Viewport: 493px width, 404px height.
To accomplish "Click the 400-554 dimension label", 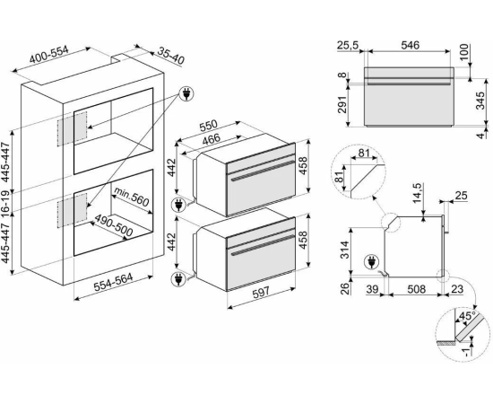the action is click(48, 55).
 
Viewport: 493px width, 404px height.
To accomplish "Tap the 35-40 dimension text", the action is click(170, 56).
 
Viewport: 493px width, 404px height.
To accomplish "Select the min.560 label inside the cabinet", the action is click(131, 197).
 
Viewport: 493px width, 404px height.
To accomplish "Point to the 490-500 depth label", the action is click(114, 225).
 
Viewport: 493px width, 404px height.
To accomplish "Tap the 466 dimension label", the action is click(212, 139).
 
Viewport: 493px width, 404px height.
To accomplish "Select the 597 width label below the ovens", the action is click(261, 293).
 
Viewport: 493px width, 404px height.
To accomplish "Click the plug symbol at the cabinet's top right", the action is click(186, 93).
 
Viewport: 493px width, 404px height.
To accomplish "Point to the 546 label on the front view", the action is click(410, 46).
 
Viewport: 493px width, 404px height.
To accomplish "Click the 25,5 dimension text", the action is click(348, 46).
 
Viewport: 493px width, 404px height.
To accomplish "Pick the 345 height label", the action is click(480, 101).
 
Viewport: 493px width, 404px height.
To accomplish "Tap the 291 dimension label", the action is click(342, 104).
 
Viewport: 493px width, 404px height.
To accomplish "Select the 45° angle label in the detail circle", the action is click(467, 315).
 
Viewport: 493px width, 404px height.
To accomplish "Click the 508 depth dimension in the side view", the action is click(416, 289).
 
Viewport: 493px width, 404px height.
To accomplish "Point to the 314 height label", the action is click(345, 250).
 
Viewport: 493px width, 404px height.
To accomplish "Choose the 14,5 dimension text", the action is click(419, 193).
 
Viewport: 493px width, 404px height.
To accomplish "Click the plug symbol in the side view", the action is click(372, 262).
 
